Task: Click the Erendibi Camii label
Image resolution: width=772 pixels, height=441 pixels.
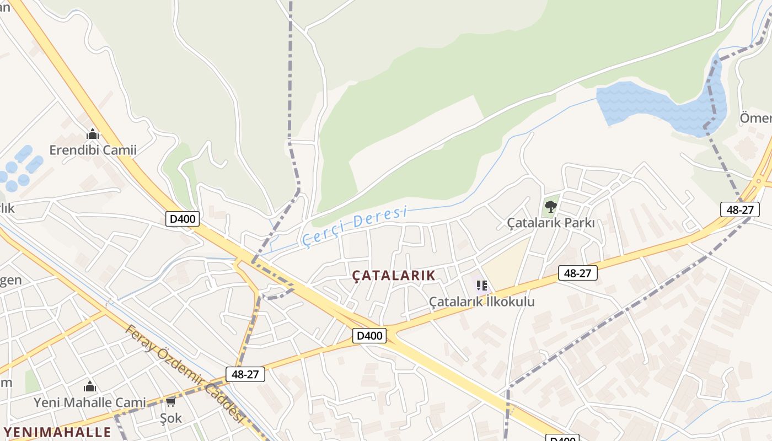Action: (x=93, y=150)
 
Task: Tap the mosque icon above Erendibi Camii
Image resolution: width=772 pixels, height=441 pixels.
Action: (x=92, y=134)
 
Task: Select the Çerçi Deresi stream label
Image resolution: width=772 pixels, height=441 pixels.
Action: (x=355, y=225)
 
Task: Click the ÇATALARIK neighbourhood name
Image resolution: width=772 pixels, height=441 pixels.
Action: (x=394, y=275)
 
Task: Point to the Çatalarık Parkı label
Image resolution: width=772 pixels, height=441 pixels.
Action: (x=550, y=223)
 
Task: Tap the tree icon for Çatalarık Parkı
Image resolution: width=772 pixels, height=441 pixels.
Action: (x=550, y=207)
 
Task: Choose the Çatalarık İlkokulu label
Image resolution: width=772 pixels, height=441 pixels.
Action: (x=481, y=302)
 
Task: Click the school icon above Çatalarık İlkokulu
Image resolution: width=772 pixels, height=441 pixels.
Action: (x=482, y=286)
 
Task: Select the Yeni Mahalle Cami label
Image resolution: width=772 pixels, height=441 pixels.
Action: (x=90, y=402)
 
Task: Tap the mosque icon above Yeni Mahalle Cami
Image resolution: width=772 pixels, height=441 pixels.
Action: (x=89, y=387)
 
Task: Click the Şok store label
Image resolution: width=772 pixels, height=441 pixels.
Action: (x=170, y=418)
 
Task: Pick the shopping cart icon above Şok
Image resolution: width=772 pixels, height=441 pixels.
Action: (x=170, y=402)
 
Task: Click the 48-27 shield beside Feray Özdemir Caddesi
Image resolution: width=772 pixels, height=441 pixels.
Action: (x=245, y=374)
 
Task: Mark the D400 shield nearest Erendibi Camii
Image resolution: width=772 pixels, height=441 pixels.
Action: (x=183, y=219)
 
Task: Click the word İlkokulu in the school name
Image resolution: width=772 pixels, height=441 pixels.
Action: (x=510, y=302)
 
